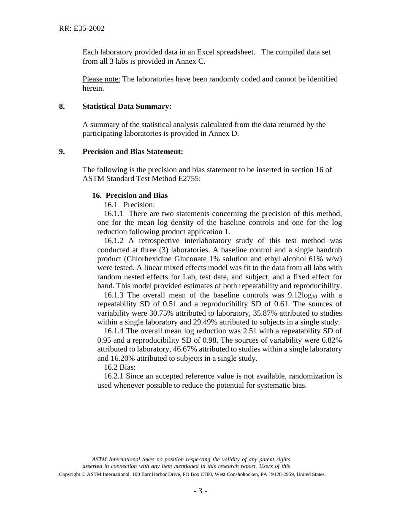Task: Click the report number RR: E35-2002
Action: (81, 29)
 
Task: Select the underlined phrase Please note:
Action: (101, 79)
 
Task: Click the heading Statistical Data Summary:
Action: (127, 106)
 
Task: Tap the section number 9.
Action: (62, 151)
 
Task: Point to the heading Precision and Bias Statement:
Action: (133, 151)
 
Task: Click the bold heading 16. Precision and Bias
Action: (130, 195)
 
